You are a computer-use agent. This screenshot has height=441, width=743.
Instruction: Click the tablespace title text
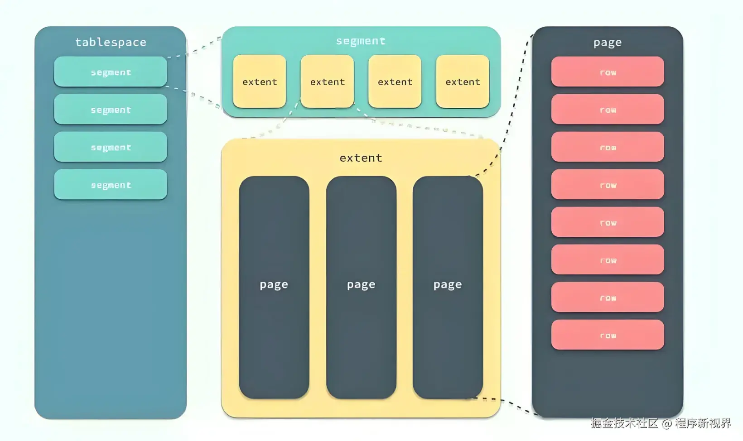point(111,42)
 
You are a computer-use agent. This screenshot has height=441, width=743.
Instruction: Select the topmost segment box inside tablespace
point(111,72)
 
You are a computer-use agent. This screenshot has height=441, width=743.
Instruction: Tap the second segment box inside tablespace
point(111,109)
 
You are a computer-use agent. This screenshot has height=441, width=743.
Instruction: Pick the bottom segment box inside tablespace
point(111,184)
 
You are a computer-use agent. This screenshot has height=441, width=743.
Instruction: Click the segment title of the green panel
point(361,41)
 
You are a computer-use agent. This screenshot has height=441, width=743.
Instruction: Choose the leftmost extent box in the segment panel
point(260,81)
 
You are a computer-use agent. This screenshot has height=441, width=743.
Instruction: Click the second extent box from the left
point(327,81)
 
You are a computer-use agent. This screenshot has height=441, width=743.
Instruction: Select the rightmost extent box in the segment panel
point(463,81)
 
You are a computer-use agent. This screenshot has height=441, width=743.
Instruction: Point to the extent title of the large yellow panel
point(361,158)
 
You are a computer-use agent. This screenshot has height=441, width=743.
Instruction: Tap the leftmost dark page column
point(274,287)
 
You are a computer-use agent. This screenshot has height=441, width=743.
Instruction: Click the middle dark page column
point(361,287)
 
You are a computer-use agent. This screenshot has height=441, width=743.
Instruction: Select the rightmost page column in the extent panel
point(448,287)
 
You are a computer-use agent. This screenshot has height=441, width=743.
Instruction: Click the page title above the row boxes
point(608,42)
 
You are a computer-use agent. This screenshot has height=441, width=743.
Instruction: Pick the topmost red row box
point(608,72)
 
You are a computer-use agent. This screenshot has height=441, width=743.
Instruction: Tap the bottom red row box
point(608,335)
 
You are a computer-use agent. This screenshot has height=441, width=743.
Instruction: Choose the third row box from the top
point(608,147)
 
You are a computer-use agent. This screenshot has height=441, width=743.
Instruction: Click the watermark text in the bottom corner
point(661,423)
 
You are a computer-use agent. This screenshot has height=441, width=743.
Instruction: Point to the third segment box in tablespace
point(111,147)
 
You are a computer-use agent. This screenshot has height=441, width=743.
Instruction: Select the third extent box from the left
point(395,81)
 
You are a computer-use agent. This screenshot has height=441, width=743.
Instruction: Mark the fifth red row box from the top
point(608,222)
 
